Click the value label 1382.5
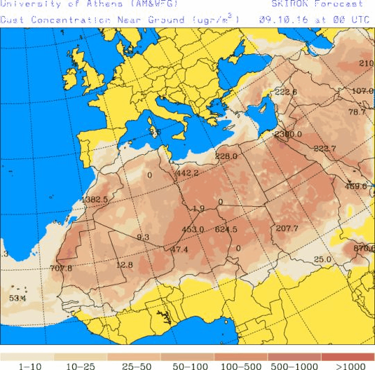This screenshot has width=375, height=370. (94, 200)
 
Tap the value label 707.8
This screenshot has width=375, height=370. (61, 268)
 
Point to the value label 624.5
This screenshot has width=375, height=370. (226, 229)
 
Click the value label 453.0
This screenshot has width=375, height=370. (192, 229)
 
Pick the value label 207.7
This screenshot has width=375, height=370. (286, 228)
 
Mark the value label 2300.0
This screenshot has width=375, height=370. (287, 134)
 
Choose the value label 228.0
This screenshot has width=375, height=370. (226, 156)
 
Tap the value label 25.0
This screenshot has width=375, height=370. (322, 260)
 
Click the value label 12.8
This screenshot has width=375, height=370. (124, 264)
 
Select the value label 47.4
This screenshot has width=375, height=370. (179, 249)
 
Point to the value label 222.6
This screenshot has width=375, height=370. (285, 92)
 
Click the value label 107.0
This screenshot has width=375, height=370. (362, 91)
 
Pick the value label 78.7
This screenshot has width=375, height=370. (357, 112)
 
